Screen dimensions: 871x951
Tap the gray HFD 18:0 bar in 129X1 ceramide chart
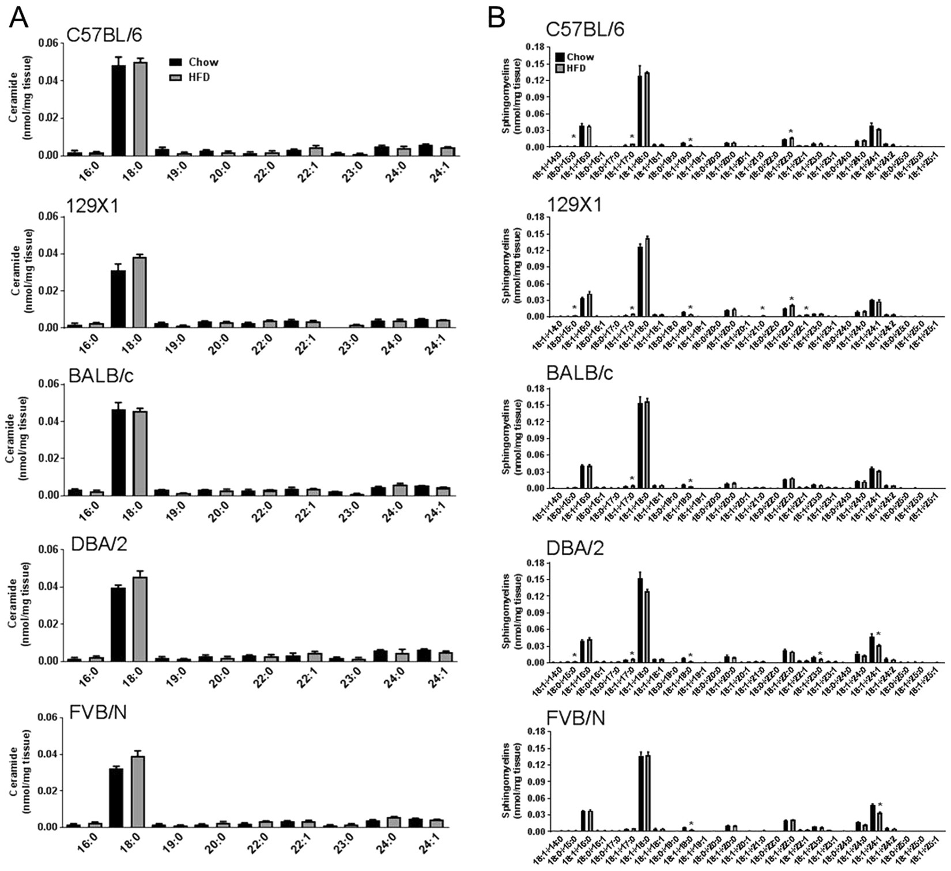click(x=139, y=292)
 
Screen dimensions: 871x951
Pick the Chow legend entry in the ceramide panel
click(x=194, y=62)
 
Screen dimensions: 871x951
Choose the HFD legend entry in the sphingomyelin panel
click(x=570, y=68)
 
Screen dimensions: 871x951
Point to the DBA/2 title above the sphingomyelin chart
click(x=575, y=548)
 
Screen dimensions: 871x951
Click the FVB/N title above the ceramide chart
click(x=98, y=712)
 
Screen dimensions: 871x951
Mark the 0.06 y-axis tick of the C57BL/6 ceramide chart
click(x=48, y=43)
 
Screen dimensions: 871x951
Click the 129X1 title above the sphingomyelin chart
click(x=573, y=204)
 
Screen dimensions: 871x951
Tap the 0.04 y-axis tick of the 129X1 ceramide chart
click(x=48, y=254)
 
